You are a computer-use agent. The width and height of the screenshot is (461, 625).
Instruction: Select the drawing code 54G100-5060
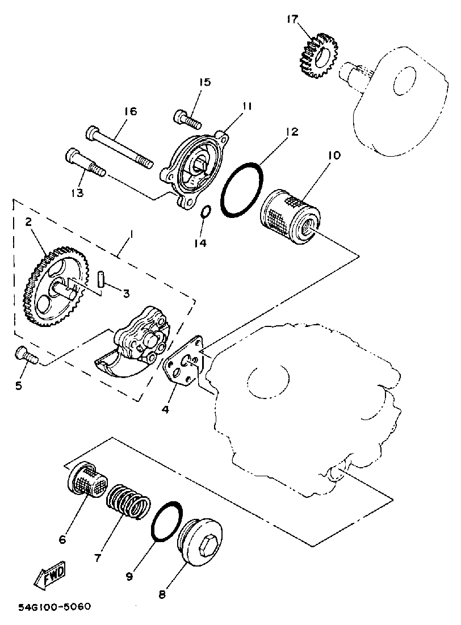tap(54, 607)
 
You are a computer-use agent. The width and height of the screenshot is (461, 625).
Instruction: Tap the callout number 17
tap(292, 20)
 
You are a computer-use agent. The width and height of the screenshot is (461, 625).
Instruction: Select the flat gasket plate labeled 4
tap(183, 366)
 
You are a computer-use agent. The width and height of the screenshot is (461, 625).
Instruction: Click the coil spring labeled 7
tap(128, 501)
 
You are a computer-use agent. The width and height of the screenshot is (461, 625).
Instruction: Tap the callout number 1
tap(131, 233)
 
